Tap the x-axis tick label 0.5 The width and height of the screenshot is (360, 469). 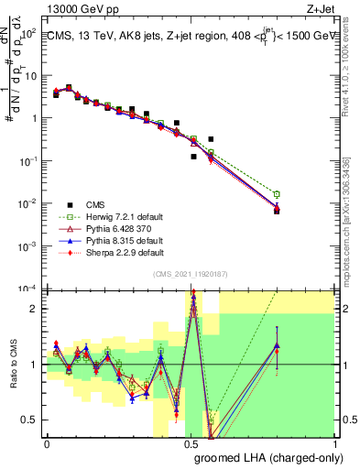tap(191, 442)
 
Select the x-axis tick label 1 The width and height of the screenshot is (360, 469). tap(333, 442)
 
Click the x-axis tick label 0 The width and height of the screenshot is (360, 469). tap(47, 442)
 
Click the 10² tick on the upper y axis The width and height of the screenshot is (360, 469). tap(30, 33)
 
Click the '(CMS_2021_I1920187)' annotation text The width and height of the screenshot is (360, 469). tap(191, 275)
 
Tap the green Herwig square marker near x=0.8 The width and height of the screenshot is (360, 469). tap(277, 194)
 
